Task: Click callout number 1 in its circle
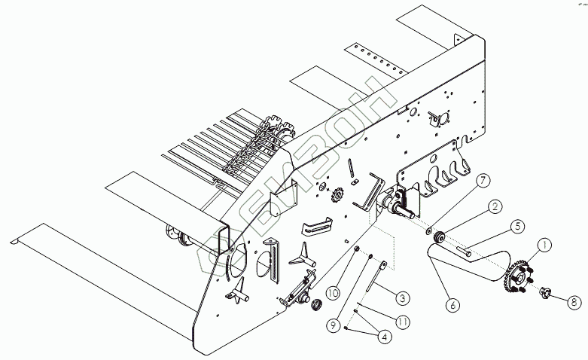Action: pos(544,245)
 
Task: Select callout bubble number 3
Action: pos(403,297)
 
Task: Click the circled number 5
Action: pos(518,225)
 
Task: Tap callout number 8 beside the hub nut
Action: pos(574,302)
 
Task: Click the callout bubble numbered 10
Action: pos(333,291)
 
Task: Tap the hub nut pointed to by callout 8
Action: pos(544,290)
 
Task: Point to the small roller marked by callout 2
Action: pos(443,239)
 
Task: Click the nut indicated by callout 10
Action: pos(356,251)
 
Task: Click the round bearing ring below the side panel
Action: pos(315,304)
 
